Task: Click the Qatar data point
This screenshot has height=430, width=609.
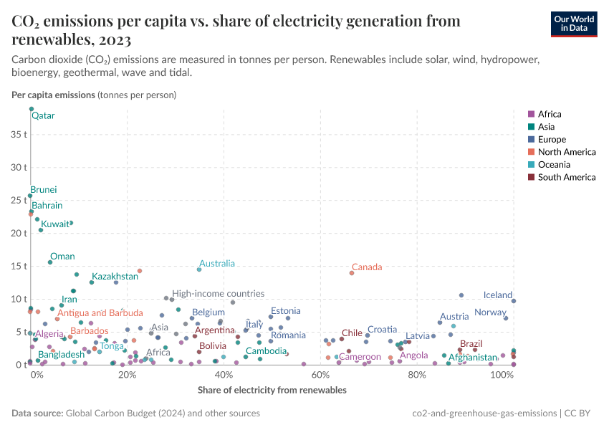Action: tap(32, 109)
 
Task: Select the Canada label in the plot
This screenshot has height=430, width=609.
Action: tap(367, 267)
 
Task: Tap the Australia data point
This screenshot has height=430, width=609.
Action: tap(199, 269)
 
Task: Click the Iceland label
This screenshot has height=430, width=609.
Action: tap(497, 295)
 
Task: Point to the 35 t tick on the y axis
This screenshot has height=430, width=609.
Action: tap(18, 134)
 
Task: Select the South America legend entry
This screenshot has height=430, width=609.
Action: tap(562, 178)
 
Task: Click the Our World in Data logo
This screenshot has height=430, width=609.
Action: tap(573, 23)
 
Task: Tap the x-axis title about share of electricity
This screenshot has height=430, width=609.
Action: tap(272, 391)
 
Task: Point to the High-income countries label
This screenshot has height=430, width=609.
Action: tap(218, 294)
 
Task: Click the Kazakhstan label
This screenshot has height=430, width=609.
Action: tap(115, 277)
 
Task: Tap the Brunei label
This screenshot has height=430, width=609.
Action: tap(44, 190)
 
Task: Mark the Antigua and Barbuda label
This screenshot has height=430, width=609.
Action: tap(100, 313)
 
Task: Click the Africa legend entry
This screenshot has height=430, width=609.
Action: tap(550, 114)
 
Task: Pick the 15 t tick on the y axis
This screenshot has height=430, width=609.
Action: tap(18, 266)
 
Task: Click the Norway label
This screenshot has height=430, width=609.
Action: tap(490, 312)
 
